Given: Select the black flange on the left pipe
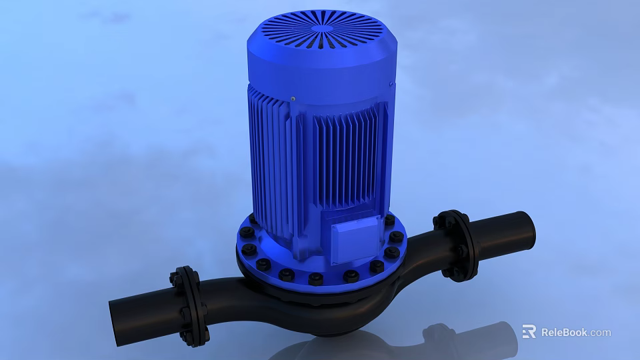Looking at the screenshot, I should coord(189,306).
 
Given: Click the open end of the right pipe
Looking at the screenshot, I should coord(524,229).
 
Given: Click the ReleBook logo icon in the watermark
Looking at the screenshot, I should coord(529,331).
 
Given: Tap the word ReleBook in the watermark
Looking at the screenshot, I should coord(564,332).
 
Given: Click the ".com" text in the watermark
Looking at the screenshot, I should coord(600,332).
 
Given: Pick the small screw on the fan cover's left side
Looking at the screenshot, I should coord(292,98).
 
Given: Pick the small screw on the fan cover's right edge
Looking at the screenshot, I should coord(391,83).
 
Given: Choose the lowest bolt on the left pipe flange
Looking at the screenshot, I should coord(198,342).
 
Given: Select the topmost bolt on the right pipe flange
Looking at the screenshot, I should coord(441,216).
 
